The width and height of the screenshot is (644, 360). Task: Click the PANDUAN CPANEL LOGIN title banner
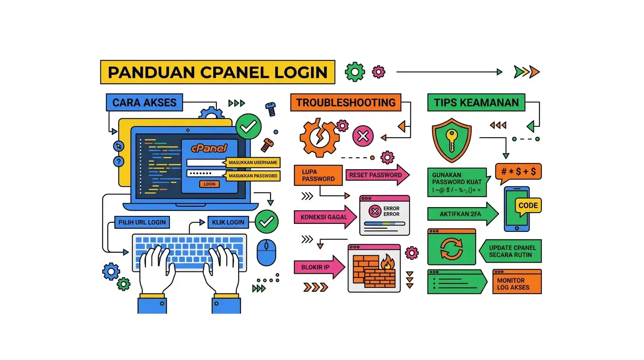(x=217, y=72)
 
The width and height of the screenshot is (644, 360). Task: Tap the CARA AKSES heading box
(x=144, y=103)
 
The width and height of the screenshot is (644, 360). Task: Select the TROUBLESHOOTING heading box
(x=346, y=103)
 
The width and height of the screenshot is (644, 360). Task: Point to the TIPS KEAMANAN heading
(x=476, y=103)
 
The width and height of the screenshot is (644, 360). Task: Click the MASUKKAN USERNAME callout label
(x=253, y=162)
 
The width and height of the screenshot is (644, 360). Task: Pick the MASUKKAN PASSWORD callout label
(x=253, y=176)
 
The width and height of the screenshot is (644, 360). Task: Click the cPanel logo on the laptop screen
(x=209, y=148)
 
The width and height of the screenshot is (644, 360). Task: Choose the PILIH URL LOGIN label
(x=142, y=222)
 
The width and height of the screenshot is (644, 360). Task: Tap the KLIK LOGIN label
(x=228, y=222)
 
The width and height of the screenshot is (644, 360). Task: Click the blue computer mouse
(x=266, y=252)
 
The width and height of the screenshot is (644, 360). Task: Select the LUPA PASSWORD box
(x=318, y=175)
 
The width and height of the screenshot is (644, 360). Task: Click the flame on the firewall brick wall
(x=387, y=262)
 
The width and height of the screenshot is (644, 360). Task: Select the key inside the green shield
(x=451, y=140)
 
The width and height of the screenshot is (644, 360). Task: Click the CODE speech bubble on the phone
(x=528, y=206)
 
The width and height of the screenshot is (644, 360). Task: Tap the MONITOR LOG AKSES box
(x=517, y=284)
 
